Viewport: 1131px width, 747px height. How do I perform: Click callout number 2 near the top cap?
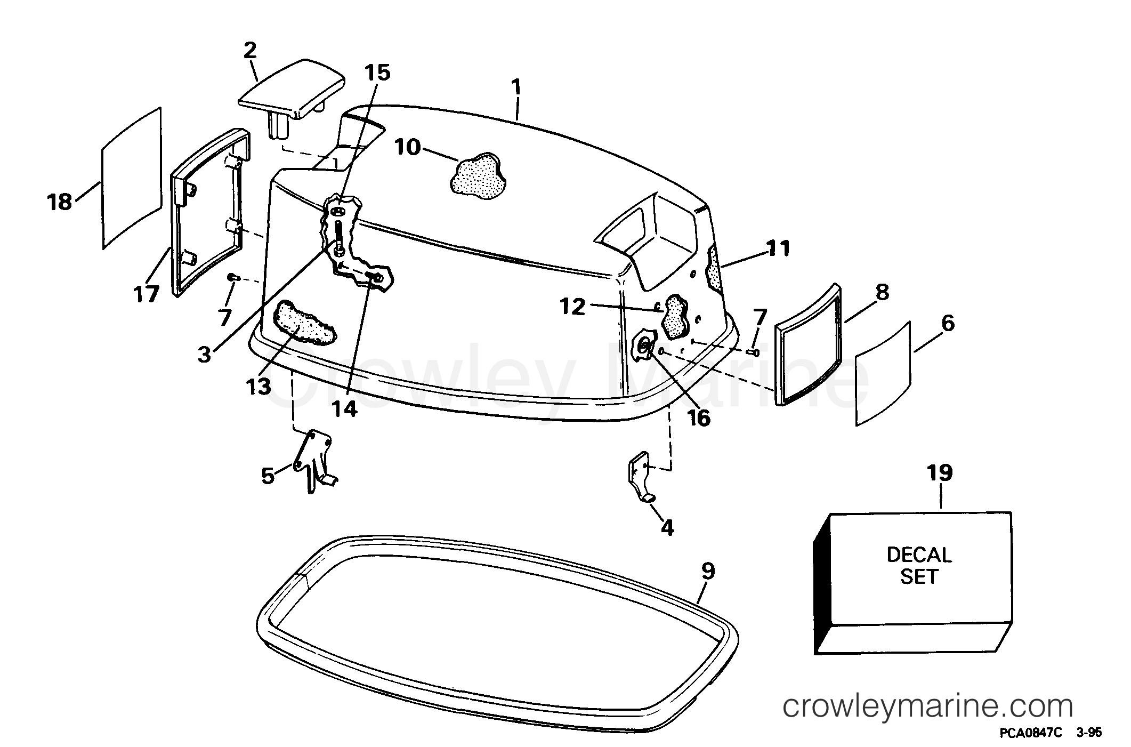pos(249,51)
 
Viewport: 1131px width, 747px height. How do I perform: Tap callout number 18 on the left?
pos(59,202)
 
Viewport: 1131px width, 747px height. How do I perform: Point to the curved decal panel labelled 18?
pos(132,178)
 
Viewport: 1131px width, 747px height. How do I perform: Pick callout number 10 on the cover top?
pos(408,148)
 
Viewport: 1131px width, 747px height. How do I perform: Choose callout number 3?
pos(205,354)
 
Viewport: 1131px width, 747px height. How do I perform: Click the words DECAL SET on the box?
pos(919,566)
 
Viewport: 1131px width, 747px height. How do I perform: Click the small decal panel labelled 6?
pos(883,373)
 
